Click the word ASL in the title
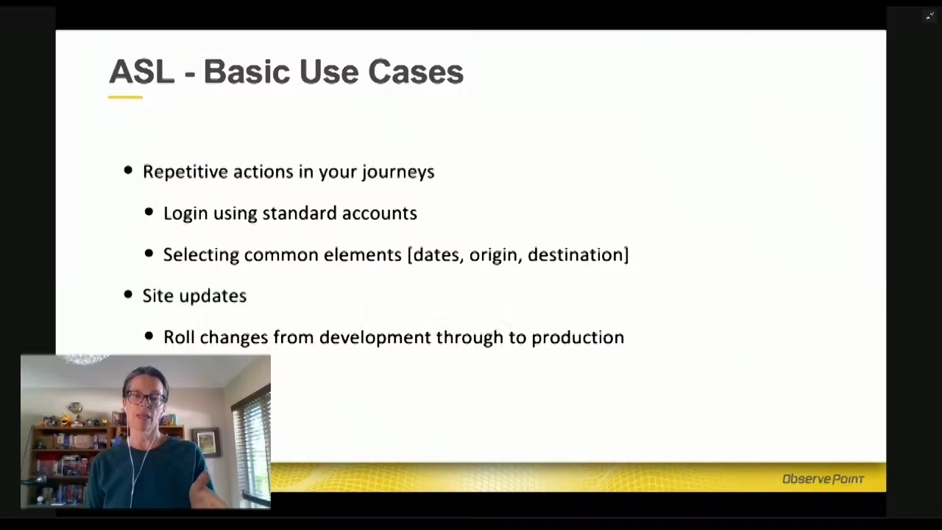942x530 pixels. (142, 71)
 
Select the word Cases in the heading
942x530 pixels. (416, 71)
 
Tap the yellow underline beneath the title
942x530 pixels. (125, 97)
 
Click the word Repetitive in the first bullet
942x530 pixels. (185, 172)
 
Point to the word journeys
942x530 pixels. (398, 172)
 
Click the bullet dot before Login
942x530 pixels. (149, 211)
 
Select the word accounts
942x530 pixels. (379, 213)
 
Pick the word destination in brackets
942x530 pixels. (576, 255)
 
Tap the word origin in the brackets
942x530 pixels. (495, 255)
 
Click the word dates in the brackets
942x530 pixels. (437, 255)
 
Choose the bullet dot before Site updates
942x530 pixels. (128, 294)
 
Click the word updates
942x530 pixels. (213, 297)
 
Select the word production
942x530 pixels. (578, 338)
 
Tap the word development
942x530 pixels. (375, 338)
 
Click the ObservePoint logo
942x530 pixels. (823, 479)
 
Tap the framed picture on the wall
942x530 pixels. (207, 442)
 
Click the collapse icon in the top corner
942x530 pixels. (929, 16)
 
